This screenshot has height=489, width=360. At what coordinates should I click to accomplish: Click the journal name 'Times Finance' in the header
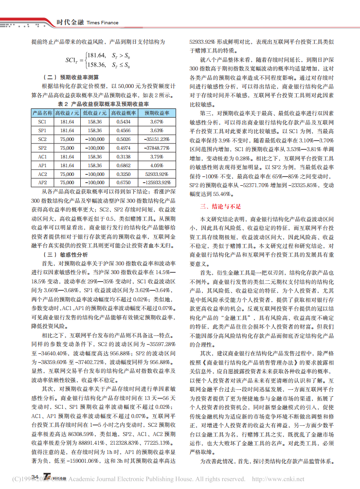coord(103,22)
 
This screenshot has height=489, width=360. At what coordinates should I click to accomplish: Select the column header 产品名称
coord(42,112)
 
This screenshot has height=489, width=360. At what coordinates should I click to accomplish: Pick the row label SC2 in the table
coord(42,139)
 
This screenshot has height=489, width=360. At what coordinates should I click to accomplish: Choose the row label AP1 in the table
coord(42,165)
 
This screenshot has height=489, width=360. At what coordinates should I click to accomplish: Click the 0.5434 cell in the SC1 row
coord(121,122)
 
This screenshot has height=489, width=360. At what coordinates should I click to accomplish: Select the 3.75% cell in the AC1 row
coord(156,157)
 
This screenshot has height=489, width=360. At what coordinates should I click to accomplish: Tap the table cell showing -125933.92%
coord(156,183)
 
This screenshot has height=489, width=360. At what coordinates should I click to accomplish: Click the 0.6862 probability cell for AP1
coord(121,165)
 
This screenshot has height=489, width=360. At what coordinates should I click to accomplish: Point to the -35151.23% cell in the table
coord(156,139)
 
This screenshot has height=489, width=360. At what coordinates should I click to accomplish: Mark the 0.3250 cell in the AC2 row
coord(121,174)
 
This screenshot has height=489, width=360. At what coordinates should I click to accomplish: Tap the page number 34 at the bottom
coord(35,477)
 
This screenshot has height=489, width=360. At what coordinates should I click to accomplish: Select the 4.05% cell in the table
coord(156,165)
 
